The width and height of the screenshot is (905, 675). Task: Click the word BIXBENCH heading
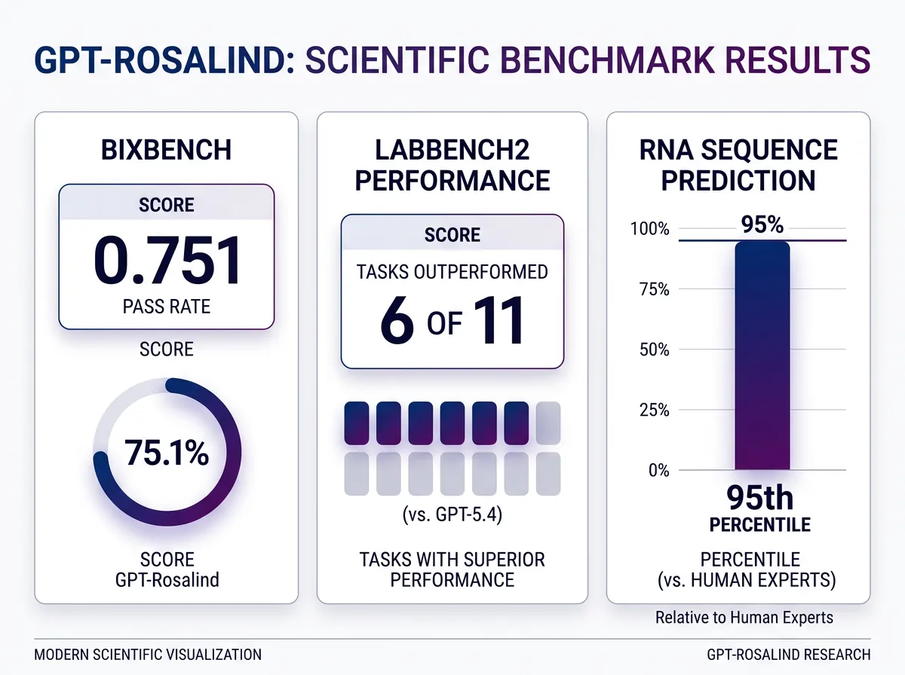167,149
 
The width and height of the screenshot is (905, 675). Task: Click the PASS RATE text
167,307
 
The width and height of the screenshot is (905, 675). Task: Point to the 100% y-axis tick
653,228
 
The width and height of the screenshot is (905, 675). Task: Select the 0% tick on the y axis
659,470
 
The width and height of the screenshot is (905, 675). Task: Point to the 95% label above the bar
762,225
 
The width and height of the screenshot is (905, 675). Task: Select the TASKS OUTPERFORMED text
452,272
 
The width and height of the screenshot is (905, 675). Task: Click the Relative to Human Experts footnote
744,618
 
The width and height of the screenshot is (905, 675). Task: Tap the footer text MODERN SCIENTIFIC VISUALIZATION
148,654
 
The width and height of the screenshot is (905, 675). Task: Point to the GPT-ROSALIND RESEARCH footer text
789,654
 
